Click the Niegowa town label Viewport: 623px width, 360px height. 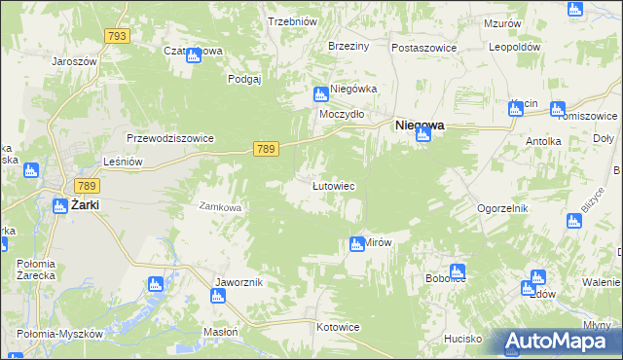pyautogui.click(x=419, y=125)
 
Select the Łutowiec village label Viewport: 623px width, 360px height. pyautogui.click(x=332, y=185)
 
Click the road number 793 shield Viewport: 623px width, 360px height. pyautogui.click(x=117, y=36)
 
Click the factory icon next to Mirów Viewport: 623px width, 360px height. pyautogui.click(x=356, y=244)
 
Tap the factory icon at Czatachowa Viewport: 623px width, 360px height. pyautogui.click(x=194, y=54)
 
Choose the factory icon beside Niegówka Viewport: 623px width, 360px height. pyautogui.click(x=320, y=94)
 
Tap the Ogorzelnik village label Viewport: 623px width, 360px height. pyautogui.click(x=501, y=208)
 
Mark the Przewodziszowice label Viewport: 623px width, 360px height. pyautogui.click(x=169, y=138)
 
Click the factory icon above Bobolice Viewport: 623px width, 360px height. pyautogui.click(x=458, y=271)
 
